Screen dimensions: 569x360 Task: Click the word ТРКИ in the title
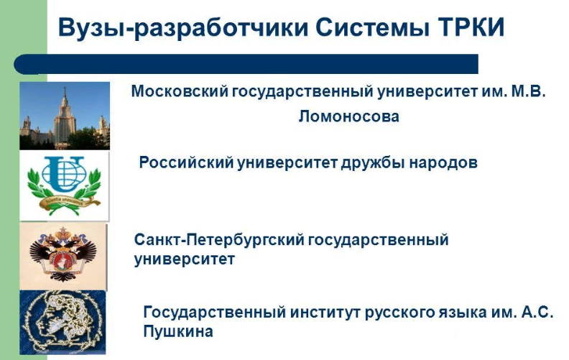pos(471,27)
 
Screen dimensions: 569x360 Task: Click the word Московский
pos(180,91)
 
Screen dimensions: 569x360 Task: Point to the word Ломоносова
pos(348,116)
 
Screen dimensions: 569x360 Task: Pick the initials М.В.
pos(528,91)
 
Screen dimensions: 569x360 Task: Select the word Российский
pos(186,162)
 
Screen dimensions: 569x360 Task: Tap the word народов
pos(443,163)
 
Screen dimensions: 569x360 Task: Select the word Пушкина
pos(178,332)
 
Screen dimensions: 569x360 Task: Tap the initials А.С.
pos(537,312)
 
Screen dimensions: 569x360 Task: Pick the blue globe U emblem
pos(63,173)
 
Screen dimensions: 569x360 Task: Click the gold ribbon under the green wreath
pos(70,202)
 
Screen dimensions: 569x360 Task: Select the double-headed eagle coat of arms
pos(63,256)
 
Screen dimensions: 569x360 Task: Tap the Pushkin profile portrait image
pos(63,322)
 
